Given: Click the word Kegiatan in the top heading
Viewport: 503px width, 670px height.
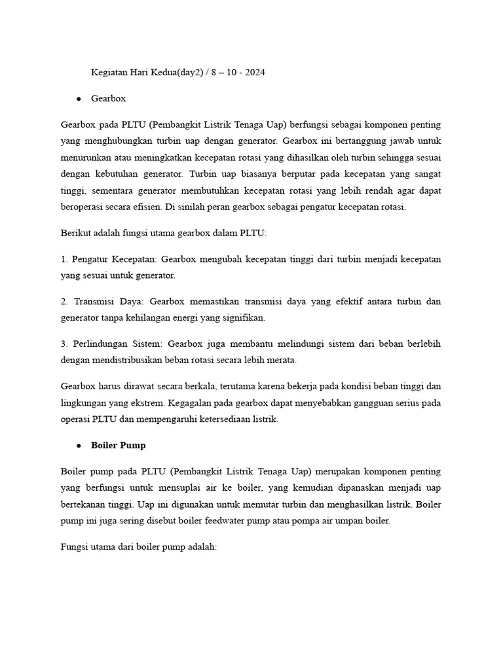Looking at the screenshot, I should tap(109, 73).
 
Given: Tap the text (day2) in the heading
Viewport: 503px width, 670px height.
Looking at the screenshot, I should tap(187, 73).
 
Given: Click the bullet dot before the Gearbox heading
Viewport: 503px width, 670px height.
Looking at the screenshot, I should tap(79, 99).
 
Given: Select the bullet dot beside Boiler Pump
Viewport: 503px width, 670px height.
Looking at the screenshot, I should tap(79, 446).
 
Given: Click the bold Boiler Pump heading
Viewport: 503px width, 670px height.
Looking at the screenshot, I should tap(119, 446).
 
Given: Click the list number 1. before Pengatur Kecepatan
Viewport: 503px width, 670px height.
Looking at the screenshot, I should tap(64, 259).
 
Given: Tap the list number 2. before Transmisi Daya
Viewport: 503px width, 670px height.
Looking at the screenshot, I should tap(64, 302).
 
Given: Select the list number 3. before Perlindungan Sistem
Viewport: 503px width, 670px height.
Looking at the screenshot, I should tap(64, 344).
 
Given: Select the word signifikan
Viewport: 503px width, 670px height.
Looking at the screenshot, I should tap(243, 318).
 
